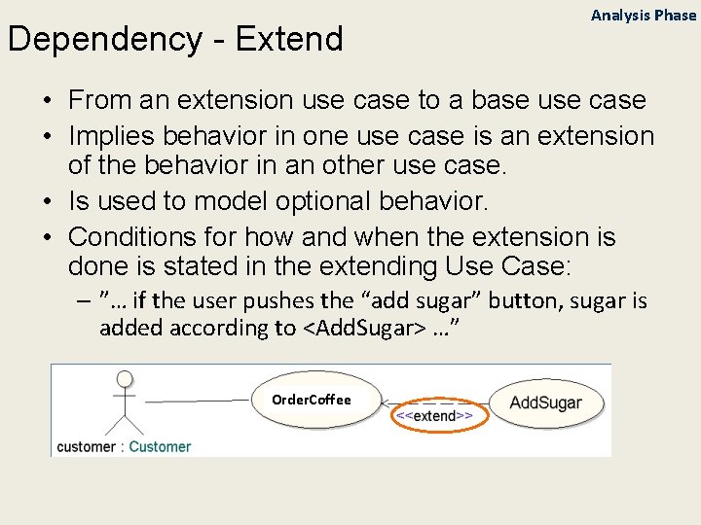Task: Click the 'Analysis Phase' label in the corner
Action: pyautogui.click(x=644, y=15)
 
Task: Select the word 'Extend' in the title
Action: pyautogui.click(x=289, y=40)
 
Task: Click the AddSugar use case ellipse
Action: pyautogui.click(x=545, y=402)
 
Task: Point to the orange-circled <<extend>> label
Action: pyautogui.click(x=434, y=415)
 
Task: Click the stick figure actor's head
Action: pyautogui.click(x=124, y=379)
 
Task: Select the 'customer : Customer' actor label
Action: pyautogui.click(x=124, y=446)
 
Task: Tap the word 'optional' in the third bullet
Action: pyautogui.click(x=330, y=201)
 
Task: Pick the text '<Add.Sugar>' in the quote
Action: pyautogui.click(x=362, y=328)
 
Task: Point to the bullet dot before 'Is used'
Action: pyautogui.click(x=47, y=202)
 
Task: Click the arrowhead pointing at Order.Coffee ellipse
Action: pyautogui.click(x=387, y=402)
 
